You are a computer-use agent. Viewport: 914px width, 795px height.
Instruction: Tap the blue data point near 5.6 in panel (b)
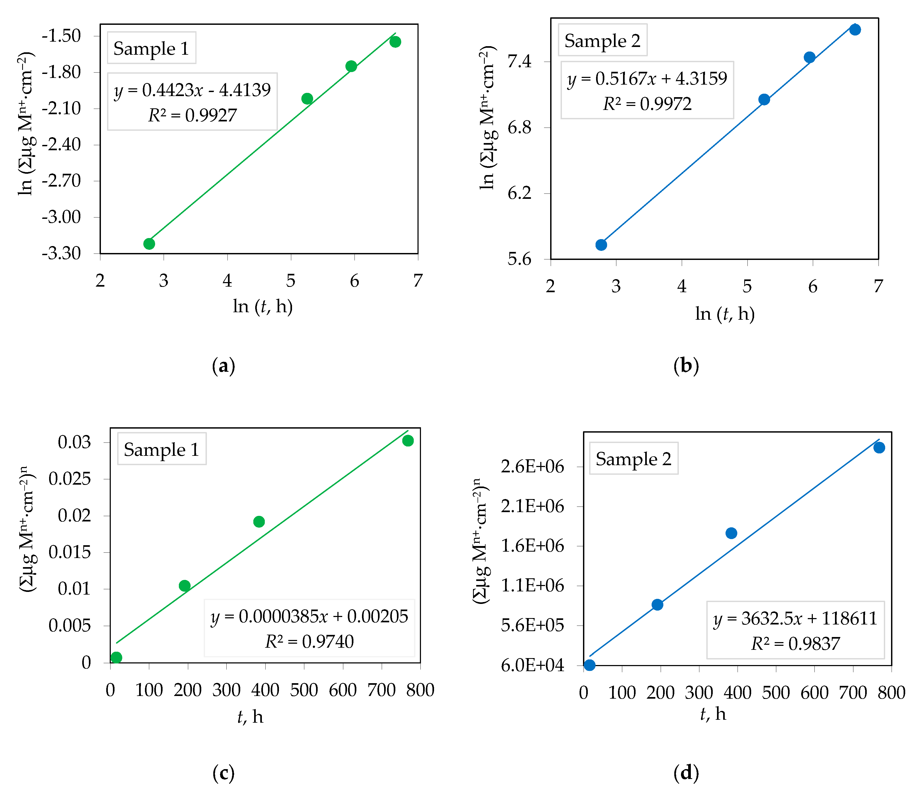point(601,245)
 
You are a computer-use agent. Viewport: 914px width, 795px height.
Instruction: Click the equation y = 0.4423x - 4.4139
point(192,90)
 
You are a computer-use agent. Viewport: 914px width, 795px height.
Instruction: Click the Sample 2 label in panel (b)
point(602,40)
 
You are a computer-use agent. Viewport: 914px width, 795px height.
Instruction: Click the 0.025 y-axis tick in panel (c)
point(70,479)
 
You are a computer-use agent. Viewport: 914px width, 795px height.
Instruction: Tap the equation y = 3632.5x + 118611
point(795,618)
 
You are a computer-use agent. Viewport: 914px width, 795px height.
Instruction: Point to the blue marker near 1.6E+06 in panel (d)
point(731,533)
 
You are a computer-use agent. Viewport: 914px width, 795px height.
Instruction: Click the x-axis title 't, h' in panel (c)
point(250,717)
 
